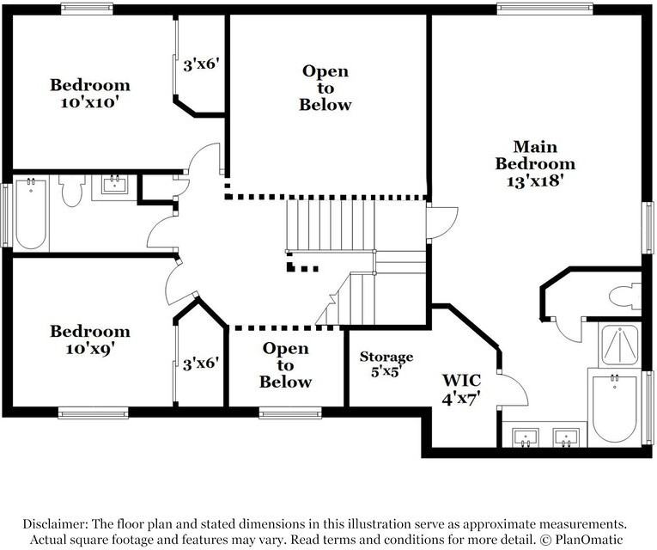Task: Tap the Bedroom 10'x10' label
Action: tap(90, 93)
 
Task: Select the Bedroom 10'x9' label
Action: tap(90, 339)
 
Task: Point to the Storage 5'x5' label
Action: tap(386, 364)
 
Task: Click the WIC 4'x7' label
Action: tap(461, 388)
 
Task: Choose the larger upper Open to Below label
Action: tap(325, 88)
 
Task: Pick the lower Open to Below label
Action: tap(285, 365)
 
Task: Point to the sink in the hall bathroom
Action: tap(113, 185)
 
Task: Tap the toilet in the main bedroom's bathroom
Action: tap(624, 296)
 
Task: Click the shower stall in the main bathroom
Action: tap(618, 344)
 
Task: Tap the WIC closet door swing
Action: tap(512, 391)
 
